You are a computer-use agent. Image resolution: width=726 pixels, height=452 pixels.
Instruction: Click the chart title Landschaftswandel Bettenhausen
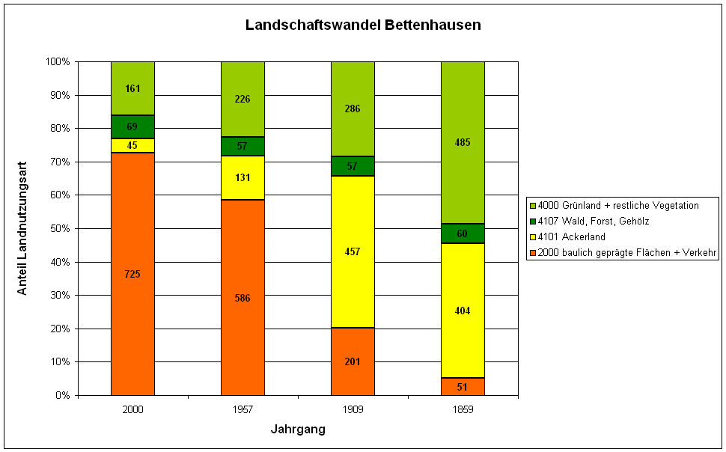tap(363, 25)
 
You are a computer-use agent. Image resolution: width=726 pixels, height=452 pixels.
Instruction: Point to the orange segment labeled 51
tap(463, 386)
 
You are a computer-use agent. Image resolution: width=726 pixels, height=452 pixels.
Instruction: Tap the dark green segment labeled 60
tap(463, 233)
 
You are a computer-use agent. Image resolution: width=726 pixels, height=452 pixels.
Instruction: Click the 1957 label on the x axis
tap(242, 410)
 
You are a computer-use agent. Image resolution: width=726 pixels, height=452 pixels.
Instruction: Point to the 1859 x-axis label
tap(463, 410)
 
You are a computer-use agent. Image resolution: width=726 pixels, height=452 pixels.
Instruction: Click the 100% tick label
tap(58, 62)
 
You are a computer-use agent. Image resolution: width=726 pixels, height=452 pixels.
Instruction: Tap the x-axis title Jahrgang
tap(297, 430)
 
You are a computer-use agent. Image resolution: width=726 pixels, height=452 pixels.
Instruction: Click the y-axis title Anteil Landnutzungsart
tap(22, 229)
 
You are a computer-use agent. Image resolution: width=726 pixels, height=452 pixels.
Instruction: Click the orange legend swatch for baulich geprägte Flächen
tap(532, 253)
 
